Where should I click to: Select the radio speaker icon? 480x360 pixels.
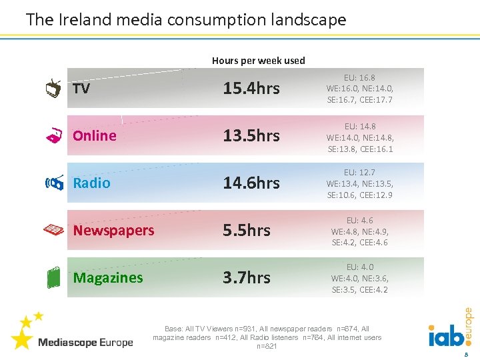click(x=53, y=183)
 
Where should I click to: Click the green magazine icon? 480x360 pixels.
click(x=53, y=278)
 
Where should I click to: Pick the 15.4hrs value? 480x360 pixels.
click(x=251, y=89)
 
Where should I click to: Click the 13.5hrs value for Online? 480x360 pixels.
click(x=251, y=136)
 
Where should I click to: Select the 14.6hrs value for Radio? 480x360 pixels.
click(x=251, y=183)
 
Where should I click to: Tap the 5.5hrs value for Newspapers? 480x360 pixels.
click(x=247, y=231)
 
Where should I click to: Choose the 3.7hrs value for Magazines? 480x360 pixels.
click(x=247, y=278)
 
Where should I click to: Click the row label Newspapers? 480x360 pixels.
click(x=113, y=231)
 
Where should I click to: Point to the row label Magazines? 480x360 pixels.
click(x=108, y=278)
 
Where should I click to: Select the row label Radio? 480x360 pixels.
click(x=91, y=183)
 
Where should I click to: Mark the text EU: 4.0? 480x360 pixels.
click(x=360, y=267)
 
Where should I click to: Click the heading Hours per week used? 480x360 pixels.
click(x=259, y=61)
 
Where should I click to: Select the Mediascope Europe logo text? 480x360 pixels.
click(x=85, y=343)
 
